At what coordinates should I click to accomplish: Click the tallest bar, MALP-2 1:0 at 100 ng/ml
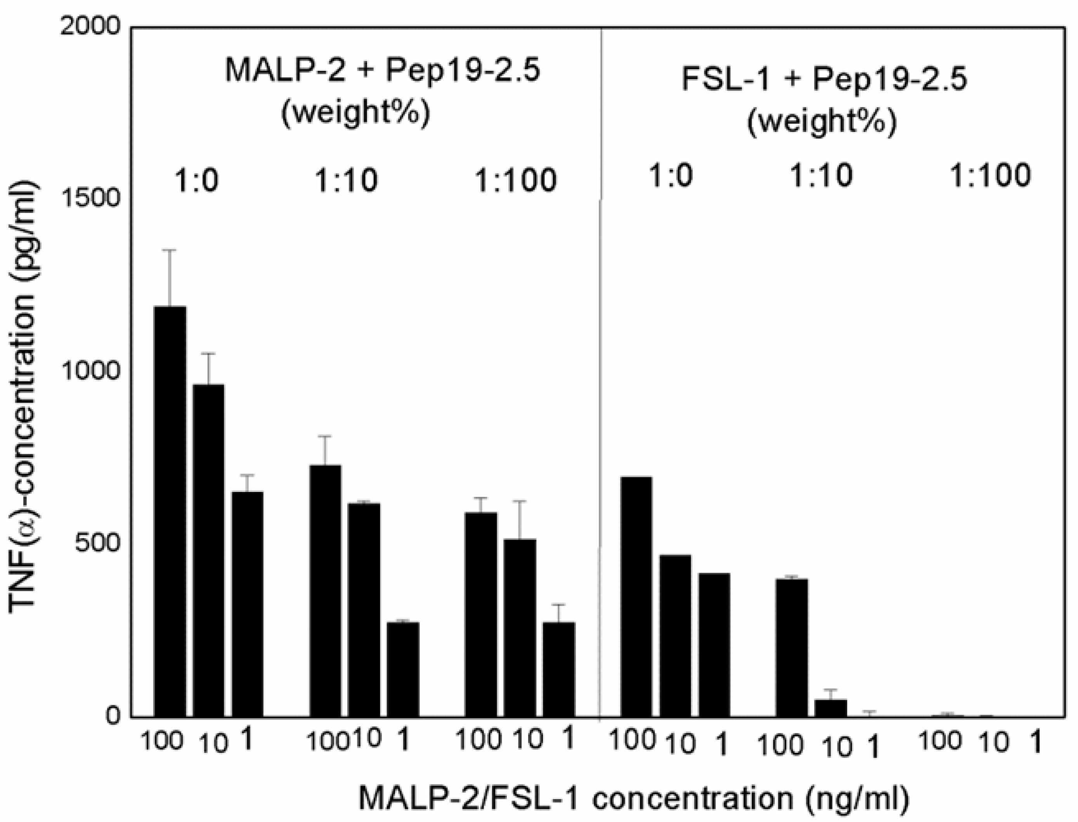click(170, 511)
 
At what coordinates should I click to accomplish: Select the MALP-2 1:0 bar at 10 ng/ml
click(208, 551)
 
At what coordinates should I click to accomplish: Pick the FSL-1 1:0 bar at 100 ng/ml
click(636, 597)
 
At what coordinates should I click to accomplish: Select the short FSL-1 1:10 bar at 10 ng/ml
click(830, 708)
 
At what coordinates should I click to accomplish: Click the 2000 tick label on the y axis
click(90, 26)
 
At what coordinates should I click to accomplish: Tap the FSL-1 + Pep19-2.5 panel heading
click(824, 79)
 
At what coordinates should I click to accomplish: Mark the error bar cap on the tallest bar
click(170, 250)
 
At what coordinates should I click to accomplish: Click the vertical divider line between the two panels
click(600, 391)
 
